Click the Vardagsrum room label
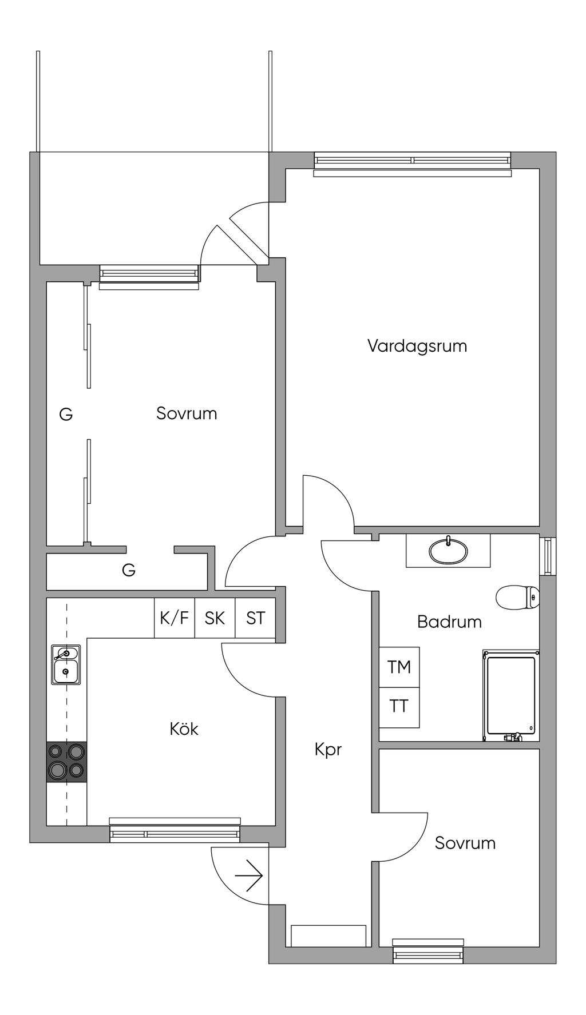coord(417,346)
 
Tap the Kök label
coord(184,729)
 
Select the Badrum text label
coord(449,622)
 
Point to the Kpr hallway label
coord(328,750)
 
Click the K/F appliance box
coord(175,618)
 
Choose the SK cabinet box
coord(215,618)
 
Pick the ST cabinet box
coord(255,618)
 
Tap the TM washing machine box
coord(399,667)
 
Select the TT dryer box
coord(399,707)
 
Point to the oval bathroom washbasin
coord(448,550)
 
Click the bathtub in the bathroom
coord(511,695)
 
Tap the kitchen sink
coord(66,664)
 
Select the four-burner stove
coord(66,762)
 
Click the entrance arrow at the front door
coord(248,875)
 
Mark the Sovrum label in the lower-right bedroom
coord(465,843)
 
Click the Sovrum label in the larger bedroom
coord(187,413)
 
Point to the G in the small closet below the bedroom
coord(129,570)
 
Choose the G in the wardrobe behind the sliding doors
coord(66,414)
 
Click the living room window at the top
coord(412,165)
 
